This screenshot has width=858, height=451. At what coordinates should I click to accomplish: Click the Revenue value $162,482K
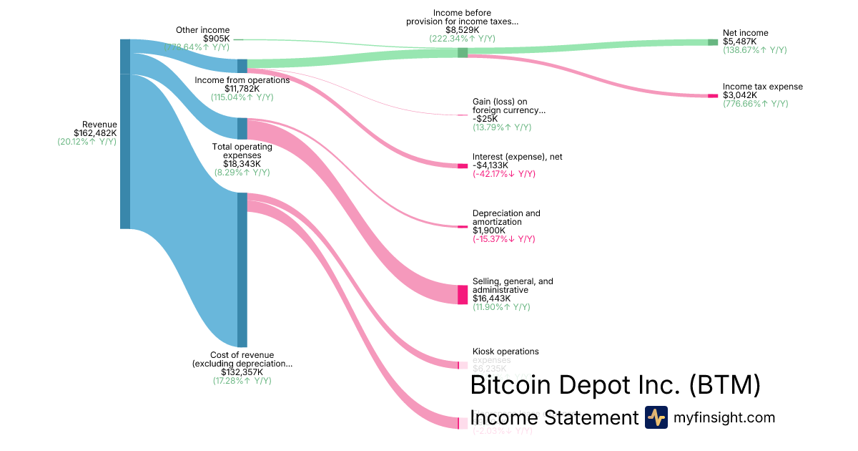pyautogui.click(x=95, y=132)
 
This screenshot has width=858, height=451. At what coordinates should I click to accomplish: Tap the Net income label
pyautogui.click(x=745, y=33)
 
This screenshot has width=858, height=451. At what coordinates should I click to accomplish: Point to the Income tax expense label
pyautogui.click(x=762, y=87)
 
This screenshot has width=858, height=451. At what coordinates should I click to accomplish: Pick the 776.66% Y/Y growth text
pyautogui.click(x=755, y=104)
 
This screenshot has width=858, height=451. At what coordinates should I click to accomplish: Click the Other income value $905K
pyautogui.click(x=216, y=39)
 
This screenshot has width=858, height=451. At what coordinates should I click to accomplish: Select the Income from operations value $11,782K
pyautogui.click(x=242, y=89)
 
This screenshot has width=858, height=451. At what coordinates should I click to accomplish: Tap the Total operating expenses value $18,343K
pyautogui.click(x=242, y=164)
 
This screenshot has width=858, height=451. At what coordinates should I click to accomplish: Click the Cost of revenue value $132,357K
pyautogui.click(x=242, y=372)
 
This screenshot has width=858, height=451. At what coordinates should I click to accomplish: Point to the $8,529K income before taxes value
pyautogui.click(x=462, y=30)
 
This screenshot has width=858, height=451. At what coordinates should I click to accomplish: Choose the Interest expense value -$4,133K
pyautogui.click(x=490, y=165)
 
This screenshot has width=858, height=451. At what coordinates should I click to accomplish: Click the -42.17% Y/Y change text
pyautogui.click(x=503, y=174)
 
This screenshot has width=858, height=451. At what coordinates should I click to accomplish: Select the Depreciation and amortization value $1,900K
pyautogui.click(x=490, y=231)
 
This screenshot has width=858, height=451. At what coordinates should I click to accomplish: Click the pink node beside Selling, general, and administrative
pyautogui.click(x=463, y=294)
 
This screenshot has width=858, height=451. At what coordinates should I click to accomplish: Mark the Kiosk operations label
pyautogui.click(x=506, y=351)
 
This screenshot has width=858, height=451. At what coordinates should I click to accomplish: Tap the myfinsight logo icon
pyautogui.click(x=656, y=417)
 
